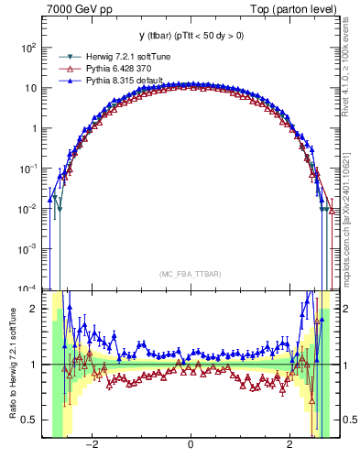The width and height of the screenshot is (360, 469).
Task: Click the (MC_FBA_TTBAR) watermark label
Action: [x=190, y=275]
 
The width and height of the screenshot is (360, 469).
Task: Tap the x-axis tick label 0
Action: [x=190, y=446]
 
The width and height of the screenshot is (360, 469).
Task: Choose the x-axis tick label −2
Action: [x=91, y=446]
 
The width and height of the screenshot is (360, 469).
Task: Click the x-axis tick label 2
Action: [x=289, y=446]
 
